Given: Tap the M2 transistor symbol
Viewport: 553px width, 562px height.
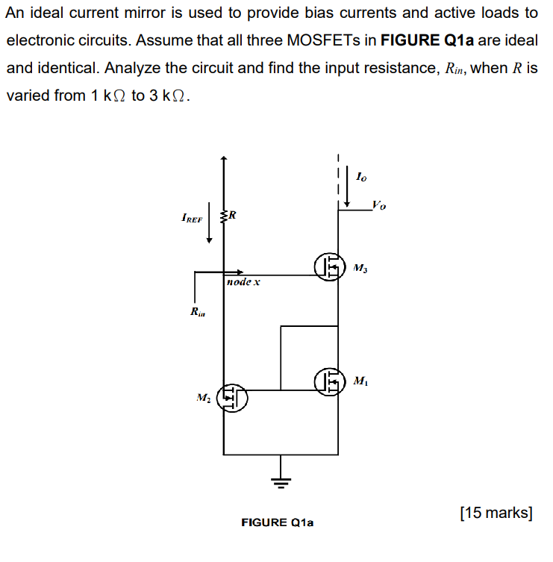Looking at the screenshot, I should [x=232, y=398].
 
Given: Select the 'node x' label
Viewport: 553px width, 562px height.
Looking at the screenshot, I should [x=243, y=283].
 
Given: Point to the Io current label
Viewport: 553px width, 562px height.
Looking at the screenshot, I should [x=361, y=177].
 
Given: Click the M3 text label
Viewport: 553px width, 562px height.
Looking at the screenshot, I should [x=360, y=267].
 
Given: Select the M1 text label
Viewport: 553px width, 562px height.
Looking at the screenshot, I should [x=360, y=381].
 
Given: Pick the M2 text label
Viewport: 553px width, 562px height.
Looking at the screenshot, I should [x=201, y=397].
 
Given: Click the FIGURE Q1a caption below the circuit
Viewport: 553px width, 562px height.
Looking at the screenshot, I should [x=278, y=522].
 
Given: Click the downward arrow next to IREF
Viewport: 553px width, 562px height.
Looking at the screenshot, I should [x=210, y=222].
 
